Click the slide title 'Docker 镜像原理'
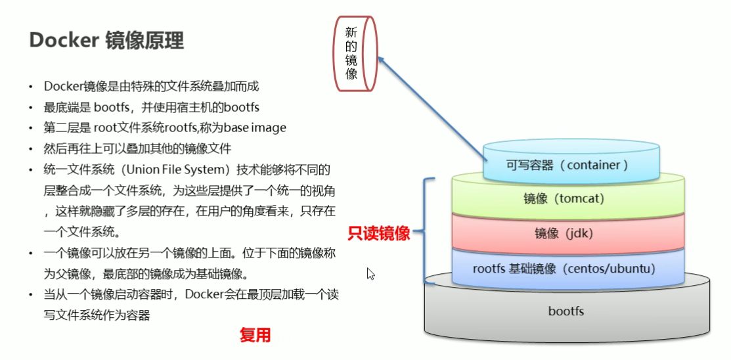(106, 41)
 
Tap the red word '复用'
(255, 336)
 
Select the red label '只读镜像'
(379, 233)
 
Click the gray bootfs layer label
(565, 311)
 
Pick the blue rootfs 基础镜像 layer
(564, 269)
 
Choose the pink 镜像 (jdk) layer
(564, 233)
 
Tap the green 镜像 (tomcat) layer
(564, 198)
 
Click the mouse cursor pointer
(370, 273)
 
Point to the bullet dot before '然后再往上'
(30, 149)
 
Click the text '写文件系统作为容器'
(98, 315)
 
